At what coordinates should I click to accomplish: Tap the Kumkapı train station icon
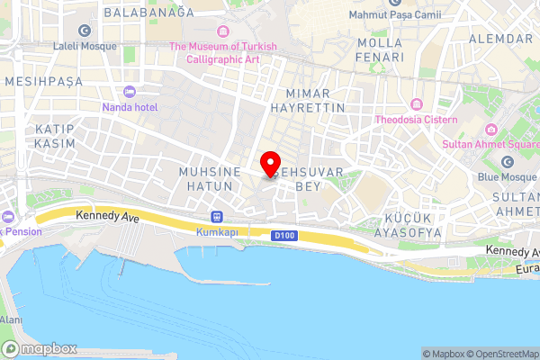tap(217, 217)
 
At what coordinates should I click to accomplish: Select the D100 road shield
tap(282, 235)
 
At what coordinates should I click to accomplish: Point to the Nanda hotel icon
tap(130, 92)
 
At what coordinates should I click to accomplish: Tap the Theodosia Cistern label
tap(417, 120)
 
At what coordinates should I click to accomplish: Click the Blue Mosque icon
tap(508, 162)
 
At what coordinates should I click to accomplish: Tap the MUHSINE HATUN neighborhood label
tap(206, 177)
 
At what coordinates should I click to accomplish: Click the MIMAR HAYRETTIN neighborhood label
tap(315, 100)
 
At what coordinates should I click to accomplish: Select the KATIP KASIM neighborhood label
tap(54, 137)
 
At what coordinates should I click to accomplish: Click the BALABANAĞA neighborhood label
tap(148, 13)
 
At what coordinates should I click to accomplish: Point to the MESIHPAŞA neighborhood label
tap(43, 81)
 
